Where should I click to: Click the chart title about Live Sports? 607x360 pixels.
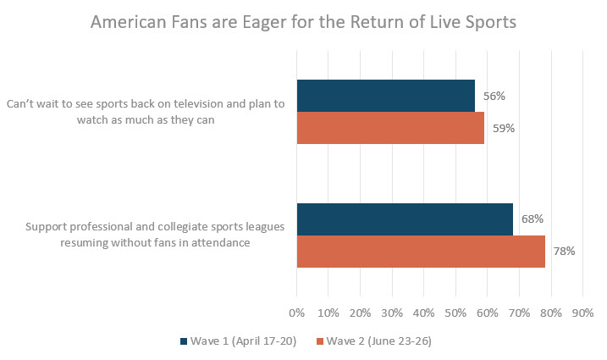[x=303, y=23]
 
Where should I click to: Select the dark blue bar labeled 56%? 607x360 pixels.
[x=385, y=97]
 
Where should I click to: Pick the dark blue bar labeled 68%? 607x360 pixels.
[x=405, y=219]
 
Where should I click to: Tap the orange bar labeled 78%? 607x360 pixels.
[x=421, y=252]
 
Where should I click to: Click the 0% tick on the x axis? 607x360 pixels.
[x=296, y=313]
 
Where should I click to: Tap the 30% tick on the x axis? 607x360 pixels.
[x=392, y=313]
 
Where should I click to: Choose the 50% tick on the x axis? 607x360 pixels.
[x=455, y=313]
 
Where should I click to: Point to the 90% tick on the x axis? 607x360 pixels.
[x=582, y=313]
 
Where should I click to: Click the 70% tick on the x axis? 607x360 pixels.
[x=519, y=313]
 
